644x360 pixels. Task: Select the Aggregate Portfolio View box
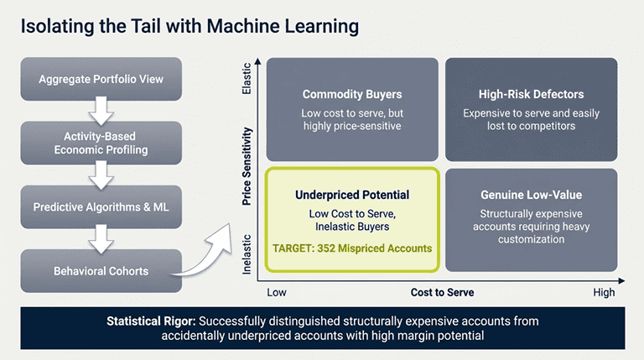[101, 80]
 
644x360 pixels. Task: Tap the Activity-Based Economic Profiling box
[101, 143]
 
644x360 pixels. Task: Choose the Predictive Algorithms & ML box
[101, 207]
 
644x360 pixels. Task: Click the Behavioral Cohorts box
[101, 271]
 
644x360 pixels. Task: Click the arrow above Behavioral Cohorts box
[101, 239]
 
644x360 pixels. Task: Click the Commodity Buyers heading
[352, 95]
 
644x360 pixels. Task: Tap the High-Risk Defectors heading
[531, 95]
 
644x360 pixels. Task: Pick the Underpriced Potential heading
[352, 195]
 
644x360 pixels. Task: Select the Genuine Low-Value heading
[531, 195]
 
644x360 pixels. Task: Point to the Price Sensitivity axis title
[247, 167]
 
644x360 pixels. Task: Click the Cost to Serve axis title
[442, 292]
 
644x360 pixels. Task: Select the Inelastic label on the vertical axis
[247, 252]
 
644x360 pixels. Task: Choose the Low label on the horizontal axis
[277, 292]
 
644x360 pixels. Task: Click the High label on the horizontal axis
[604, 292]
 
